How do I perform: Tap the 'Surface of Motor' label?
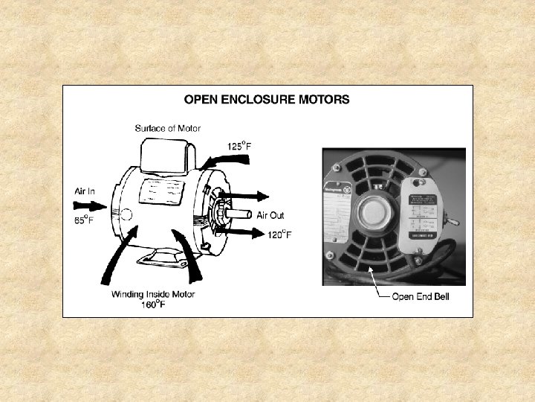click(167, 128)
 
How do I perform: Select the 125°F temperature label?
click(239, 146)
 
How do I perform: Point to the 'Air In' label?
click(85, 191)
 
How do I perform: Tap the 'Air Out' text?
click(270, 215)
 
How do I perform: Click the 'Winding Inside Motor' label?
click(153, 294)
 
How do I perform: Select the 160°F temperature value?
click(152, 305)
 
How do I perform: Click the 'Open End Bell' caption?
click(421, 296)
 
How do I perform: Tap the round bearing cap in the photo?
click(372, 214)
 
